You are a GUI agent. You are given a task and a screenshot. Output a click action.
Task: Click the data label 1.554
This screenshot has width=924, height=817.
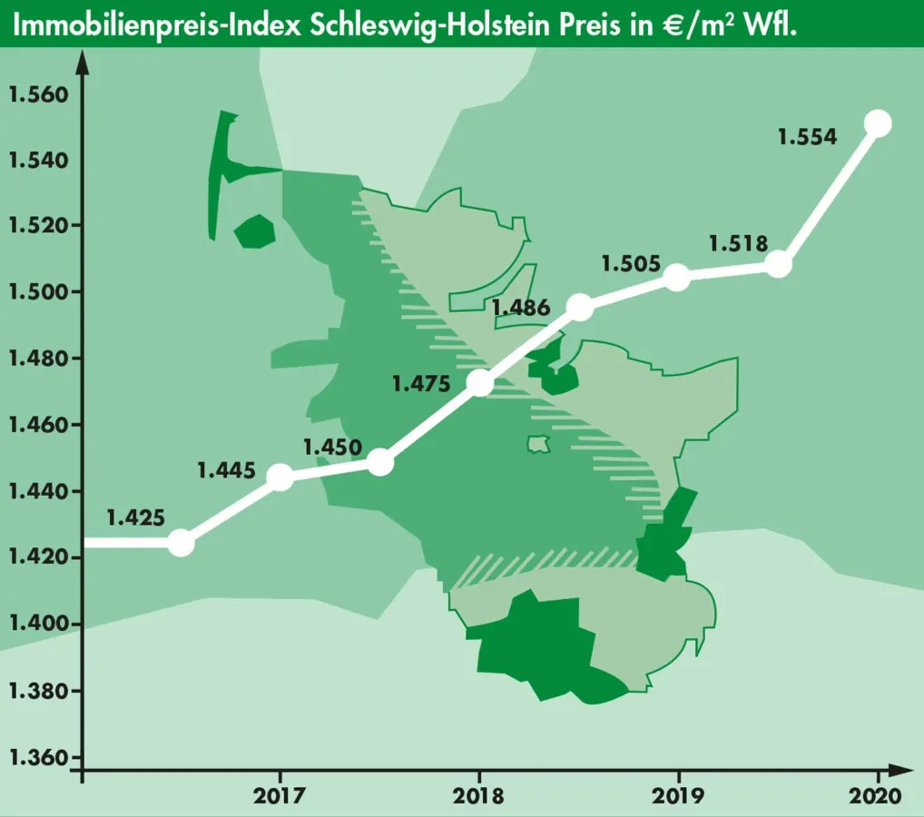click(807, 137)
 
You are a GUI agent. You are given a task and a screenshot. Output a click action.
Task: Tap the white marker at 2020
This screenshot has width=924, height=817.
click(878, 123)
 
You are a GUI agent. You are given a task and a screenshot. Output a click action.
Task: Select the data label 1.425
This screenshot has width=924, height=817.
click(135, 519)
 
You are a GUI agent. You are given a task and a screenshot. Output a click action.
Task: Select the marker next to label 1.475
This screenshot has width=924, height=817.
click(480, 383)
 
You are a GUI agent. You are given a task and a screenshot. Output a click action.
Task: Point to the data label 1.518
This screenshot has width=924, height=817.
click(738, 243)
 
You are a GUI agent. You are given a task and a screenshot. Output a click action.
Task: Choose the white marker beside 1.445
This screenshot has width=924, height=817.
click(280, 477)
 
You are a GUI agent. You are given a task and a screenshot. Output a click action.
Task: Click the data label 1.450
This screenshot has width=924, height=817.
click(332, 448)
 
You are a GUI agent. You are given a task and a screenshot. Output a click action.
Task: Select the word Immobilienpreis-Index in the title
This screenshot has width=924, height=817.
click(158, 25)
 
